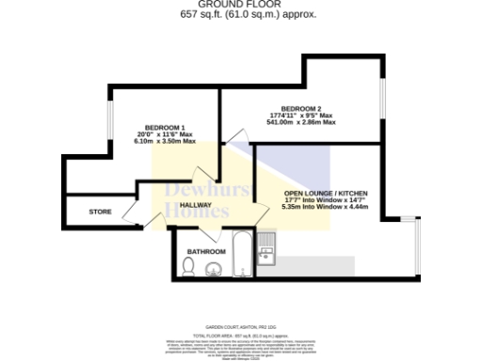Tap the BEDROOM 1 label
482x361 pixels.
pyautogui.click(x=164, y=127)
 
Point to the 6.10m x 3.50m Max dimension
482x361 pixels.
pyautogui.click(x=164, y=142)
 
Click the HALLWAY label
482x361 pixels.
pyautogui.click(x=196, y=204)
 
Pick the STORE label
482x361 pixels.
pyautogui.click(x=100, y=212)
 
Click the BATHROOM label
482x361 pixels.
pyautogui.click(x=205, y=252)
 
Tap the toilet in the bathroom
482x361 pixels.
pyautogui.click(x=188, y=270)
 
